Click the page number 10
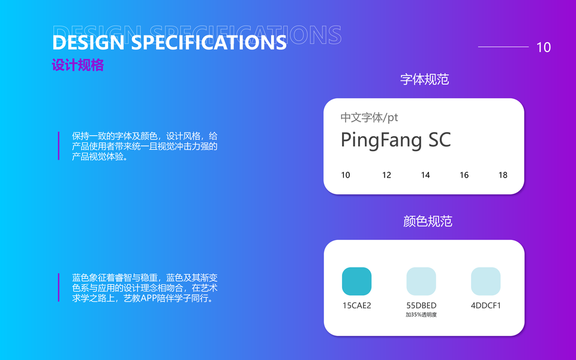click(x=544, y=47)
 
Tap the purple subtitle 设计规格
click(x=78, y=65)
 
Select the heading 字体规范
click(x=425, y=79)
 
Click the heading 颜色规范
click(x=428, y=221)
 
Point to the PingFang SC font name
click(x=395, y=140)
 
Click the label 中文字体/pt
click(x=369, y=118)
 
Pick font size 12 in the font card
click(x=386, y=175)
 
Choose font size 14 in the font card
click(x=425, y=175)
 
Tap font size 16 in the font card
click(x=464, y=175)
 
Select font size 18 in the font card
click(x=503, y=175)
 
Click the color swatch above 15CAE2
click(x=356, y=281)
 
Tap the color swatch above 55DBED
click(x=421, y=281)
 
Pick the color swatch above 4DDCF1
click(x=485, y=281)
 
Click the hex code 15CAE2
click(x=356, y=305)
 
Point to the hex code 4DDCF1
click(x=485, y=305)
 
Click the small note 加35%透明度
click(x=421, y=315)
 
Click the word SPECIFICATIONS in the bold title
click(x=209, y=42)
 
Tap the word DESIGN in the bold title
click(x=89, y=42)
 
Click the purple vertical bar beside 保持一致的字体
click(x=58, y=146)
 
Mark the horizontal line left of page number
click(x=503, y=47)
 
